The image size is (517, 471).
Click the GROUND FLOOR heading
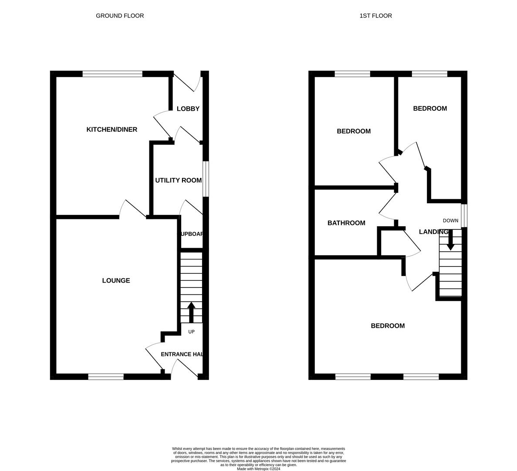pos(120,16)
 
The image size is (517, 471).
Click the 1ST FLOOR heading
pos(375,16)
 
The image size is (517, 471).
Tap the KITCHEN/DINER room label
pos(112,130)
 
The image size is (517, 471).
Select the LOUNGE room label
pos(116,280)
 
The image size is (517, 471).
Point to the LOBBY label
pos(188,109)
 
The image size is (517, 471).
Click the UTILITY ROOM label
pos(178,180)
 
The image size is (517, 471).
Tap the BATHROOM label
pos(346,223)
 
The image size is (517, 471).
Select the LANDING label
pos(433,232)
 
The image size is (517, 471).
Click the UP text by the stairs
pos(191,331)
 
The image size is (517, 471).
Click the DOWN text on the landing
pos(450,221)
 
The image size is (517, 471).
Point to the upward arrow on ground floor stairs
pos(191,312)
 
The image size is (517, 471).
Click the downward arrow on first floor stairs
pos(450,240)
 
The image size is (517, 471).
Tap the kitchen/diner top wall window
pos(112,74)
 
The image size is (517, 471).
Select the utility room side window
pos(206,179)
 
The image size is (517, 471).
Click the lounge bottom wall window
pos(106,377)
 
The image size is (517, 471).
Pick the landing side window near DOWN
pos(464,215)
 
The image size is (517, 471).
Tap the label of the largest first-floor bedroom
pos(388,326)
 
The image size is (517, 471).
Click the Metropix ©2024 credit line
pos(259,469)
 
